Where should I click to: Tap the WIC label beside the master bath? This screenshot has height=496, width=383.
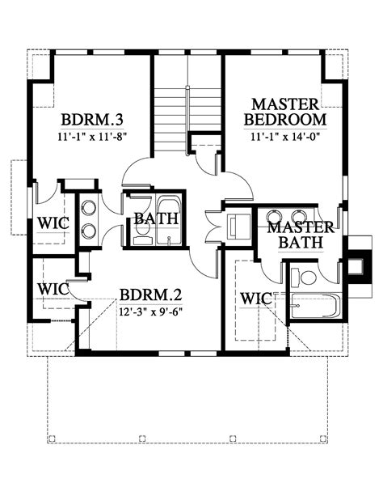coord(255,299)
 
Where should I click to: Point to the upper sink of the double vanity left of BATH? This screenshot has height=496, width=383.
coord(88,205)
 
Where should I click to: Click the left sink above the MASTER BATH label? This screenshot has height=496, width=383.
coord(239,226)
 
